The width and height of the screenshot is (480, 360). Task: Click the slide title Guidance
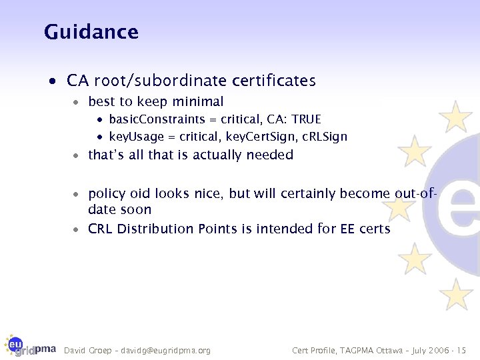tap(91, 31)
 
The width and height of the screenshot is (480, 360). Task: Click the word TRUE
tap(306, 119)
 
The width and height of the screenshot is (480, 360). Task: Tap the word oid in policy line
tap(140, 194)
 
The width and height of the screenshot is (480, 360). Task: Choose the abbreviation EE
tap(348, 229)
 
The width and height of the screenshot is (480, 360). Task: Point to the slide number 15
tap(461, 350)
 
